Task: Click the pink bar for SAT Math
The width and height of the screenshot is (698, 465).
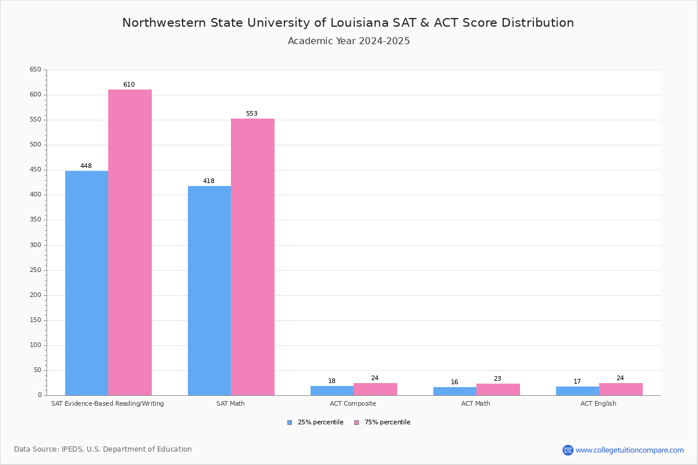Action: (252, 256)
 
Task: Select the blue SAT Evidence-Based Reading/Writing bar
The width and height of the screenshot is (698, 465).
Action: (87, 282)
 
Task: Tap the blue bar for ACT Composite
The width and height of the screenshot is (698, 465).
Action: (332, 391)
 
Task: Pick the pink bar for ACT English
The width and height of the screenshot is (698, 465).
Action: (621, 389)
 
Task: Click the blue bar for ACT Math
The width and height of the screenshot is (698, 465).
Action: (455, 391)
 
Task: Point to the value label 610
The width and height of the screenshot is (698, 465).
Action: (129, 85)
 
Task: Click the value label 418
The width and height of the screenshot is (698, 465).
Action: (209, 181)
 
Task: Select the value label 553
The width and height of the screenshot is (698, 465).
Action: (252, 114)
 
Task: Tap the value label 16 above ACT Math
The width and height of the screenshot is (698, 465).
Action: (455, 382)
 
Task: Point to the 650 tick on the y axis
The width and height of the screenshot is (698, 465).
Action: (35, 70)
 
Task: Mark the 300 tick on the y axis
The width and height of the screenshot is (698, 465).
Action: (35, 245)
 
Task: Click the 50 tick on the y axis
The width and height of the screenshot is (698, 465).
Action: (37, 370)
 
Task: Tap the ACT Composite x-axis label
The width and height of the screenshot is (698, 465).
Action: (353, 404)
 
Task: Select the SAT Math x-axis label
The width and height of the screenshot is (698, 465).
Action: (230, 404)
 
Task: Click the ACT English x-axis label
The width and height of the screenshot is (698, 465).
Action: (599, 404)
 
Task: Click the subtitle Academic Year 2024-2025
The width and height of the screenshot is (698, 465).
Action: (349, 41)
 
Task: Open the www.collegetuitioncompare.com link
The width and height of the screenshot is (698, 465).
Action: (629, 450)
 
